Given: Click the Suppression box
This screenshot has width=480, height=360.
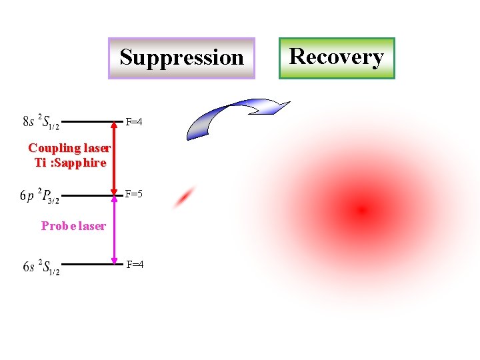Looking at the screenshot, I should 181,58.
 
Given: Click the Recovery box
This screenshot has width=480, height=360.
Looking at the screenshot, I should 337,57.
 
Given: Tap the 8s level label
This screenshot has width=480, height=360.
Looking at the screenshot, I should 41,122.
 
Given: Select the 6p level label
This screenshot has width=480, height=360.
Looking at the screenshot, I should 39,195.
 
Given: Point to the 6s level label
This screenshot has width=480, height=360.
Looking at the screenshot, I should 41,267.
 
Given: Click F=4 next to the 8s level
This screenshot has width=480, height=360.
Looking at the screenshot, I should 135,122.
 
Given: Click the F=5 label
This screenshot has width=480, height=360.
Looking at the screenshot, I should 135,195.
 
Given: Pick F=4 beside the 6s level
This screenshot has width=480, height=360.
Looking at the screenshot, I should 135,265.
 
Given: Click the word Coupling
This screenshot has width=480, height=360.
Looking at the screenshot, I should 53,148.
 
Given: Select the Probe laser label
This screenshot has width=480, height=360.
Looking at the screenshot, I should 73,226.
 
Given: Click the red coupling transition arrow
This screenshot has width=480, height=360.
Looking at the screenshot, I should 114,159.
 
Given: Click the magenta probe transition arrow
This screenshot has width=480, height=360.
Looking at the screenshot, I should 114,230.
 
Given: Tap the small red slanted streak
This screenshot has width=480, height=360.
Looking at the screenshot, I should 185,197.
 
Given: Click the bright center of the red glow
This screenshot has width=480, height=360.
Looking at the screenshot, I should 362,211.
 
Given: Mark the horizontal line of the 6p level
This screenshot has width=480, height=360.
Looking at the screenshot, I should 87,196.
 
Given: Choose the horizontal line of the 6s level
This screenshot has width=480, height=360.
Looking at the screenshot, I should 87,265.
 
